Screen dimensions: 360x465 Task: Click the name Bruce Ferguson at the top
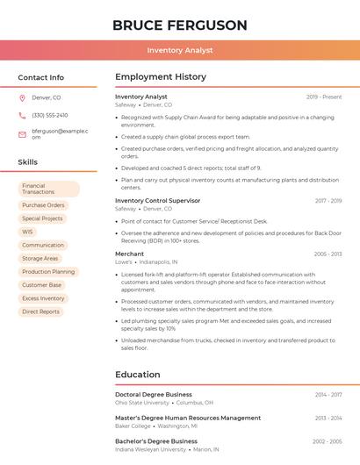[x=179, y=25]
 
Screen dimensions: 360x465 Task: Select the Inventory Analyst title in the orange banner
[x=179, y=51]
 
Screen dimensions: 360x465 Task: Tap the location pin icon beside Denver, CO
[x=22, y=97]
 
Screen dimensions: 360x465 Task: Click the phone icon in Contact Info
[x=22, y=115]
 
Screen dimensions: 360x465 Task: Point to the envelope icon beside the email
[x=22, y=134]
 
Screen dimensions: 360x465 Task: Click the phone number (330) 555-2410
[x=49, y=115]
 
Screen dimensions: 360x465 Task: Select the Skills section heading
[x=28, y=162]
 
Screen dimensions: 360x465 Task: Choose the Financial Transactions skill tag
[x=48, y=189]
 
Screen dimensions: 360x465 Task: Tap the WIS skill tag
[x=28, y=232]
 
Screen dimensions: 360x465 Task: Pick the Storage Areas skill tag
[x=40, y=258]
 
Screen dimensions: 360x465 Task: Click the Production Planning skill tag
[x=48, y=272]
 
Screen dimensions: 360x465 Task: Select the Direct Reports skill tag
[x=41, y=311]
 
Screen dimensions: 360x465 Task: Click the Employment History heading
[x=161, y=77]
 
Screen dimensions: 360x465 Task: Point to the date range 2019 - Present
[x=324, y=97]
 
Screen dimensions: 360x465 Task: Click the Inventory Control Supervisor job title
[x=157, y=200]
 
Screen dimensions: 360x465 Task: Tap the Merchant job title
[x=129, y=254]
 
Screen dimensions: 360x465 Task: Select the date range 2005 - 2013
[x=328, y=254]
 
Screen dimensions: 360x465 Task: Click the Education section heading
[x=138, y=375]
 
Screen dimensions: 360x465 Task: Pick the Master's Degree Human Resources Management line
[x=188, y=418]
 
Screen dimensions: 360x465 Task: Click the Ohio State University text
[x=142, y=403]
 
